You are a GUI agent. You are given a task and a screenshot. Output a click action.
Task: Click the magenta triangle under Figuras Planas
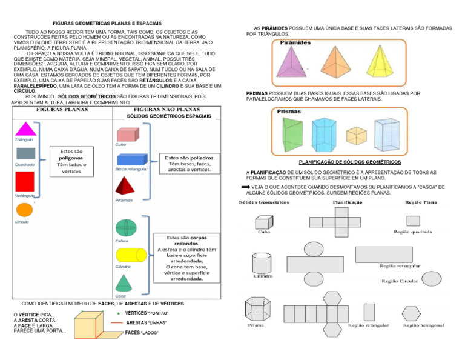coord(25,130)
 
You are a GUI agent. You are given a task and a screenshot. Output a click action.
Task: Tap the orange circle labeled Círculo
coord(24,210)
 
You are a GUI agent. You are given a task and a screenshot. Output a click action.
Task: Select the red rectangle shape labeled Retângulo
coord(24,181)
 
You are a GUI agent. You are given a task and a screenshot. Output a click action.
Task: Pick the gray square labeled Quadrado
coord(25,153)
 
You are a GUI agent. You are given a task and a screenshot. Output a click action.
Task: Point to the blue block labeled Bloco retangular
coord(130,159)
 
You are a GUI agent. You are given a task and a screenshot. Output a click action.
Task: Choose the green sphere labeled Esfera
coord(125,228)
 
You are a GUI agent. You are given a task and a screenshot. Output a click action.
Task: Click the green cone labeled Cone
coord(124,282)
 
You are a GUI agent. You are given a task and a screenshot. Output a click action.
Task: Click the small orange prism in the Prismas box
coord(356,135)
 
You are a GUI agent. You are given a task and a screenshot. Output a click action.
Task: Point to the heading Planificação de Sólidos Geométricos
coord(350,162)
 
